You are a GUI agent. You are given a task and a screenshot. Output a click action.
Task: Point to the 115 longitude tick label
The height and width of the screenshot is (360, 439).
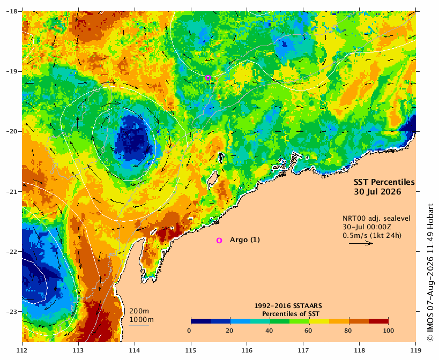pyautogui.click(x=191, y=350)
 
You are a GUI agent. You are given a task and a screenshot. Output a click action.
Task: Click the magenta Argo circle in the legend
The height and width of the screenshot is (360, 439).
pyautogui.click(x=219, y=241)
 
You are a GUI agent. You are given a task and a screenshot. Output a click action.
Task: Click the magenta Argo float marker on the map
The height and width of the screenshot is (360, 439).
pyautogui.click(x=208, y=78)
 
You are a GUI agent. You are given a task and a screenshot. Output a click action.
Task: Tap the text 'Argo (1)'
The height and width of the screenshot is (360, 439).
pyautogui.click(x=245, y=240)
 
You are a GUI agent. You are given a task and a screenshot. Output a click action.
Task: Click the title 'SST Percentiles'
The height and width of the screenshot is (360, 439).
pyautogui.click(x=384, y=182)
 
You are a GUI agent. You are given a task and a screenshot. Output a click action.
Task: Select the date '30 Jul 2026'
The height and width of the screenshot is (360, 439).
pyautogui.click(x=377, y=192)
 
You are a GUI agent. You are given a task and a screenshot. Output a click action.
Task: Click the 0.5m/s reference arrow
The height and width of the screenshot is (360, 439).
pyautogui.click(x=361, y=243)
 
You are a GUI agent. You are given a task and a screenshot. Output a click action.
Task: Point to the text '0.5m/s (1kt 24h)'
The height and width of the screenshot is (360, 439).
pyautogui.click(x=372, y=236)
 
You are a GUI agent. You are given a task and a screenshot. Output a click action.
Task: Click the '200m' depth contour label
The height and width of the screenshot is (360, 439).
pyautogui.click(x=139, y=311)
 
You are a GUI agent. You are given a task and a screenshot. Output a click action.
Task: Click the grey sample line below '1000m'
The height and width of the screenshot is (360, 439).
pyautogui.click(x=139, y=325)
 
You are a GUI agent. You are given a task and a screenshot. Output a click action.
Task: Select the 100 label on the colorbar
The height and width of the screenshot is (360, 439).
pyautogui.click(x=388, y=331)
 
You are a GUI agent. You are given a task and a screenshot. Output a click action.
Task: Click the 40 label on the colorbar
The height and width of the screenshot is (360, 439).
pyautogui.click(x=270, y=331)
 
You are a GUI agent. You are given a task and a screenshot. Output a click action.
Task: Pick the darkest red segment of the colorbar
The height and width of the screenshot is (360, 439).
pyautogui.click(x=378, y=321)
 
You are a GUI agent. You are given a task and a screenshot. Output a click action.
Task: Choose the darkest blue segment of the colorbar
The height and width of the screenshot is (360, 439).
pyautogui.click(x=201, y=321)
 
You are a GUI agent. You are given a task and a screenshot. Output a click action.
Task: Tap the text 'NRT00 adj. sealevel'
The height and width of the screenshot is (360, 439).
pyautogui.click(x=376, y=219)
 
